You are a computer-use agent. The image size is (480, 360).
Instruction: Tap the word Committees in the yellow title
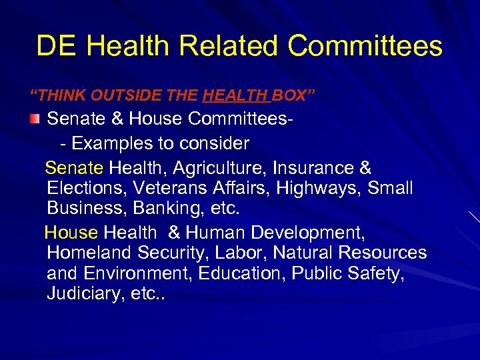pyautogui.click(x=365, y=47)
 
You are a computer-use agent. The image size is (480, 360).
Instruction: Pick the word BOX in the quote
pyautogui.click(x=291, y=96)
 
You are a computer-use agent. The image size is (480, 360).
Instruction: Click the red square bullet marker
pyautogui.click(x=35, y=119)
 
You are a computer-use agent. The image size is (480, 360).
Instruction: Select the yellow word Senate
pyautogui.click(x=74, y=168)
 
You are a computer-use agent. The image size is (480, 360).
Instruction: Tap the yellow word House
pyautogui.click(x=71, y=233)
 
